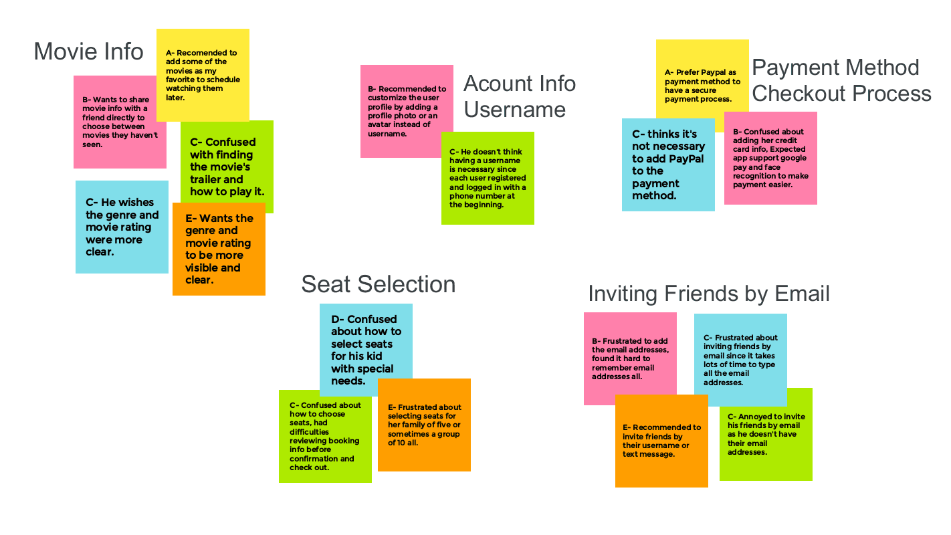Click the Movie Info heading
click(88, 51)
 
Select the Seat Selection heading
click(378, 284)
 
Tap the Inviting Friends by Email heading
click(708, 294)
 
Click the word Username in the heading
click(514, 110)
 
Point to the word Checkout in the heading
click(801, 94)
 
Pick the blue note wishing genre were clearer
click(121, 227)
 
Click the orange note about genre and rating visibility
click(219, 249)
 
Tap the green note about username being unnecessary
click(487, 178)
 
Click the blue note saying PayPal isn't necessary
click(667, 165)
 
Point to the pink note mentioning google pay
click(770, 158)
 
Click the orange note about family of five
click(424, 425)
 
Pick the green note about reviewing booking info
click(325, 436)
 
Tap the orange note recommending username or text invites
click(661, 441)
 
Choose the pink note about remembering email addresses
click(629, 358)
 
